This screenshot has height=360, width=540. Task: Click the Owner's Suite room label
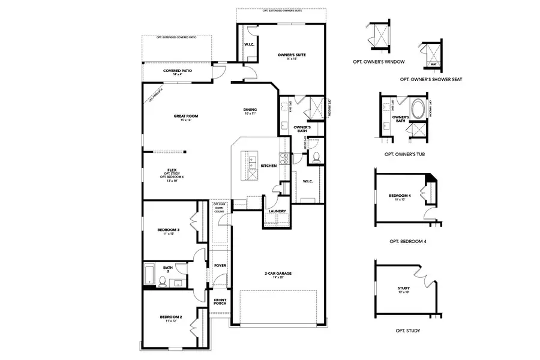[292, 55]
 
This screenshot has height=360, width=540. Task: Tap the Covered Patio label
[178, 71]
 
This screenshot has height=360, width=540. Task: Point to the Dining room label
[250, 110]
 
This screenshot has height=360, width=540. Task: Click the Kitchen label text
[268, 166]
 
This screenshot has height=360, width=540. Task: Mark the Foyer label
[220, 265]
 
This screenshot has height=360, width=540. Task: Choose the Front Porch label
[220, 302]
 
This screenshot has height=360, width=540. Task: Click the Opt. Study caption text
[407, 331]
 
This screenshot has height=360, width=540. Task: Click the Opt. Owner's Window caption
[379, 62]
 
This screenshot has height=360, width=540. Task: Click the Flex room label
[171, 170]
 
